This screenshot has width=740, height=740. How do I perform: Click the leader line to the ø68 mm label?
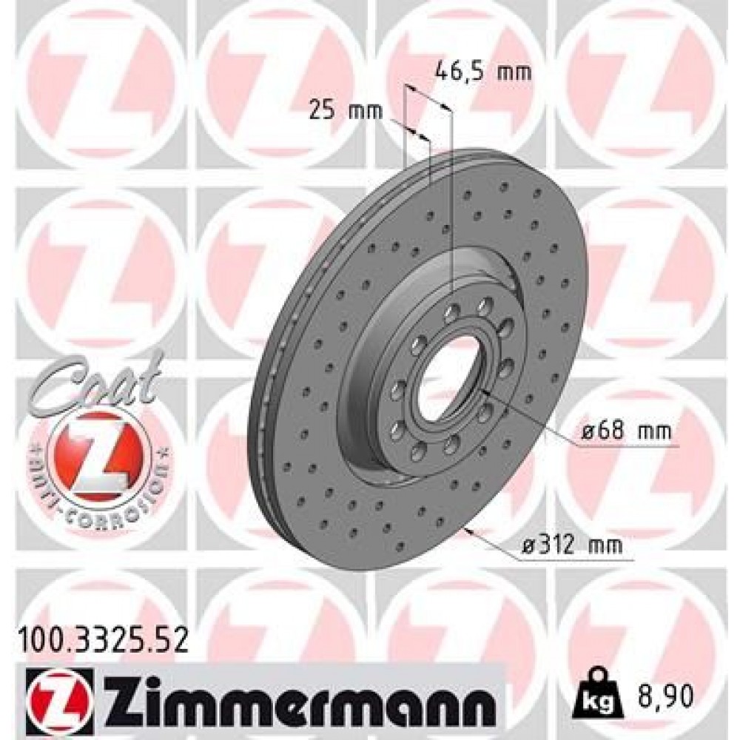533,418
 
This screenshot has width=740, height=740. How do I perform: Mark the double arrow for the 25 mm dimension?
419,132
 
